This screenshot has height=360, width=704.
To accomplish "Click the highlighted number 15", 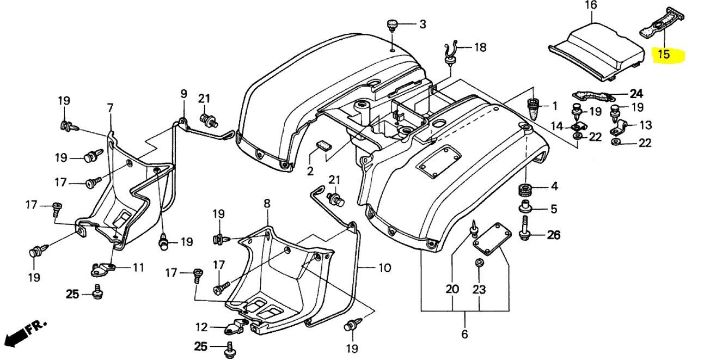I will pyautogui.click(x=664, y=54).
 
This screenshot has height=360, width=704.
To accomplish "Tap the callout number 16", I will pyautogui.click(x=591, y=5).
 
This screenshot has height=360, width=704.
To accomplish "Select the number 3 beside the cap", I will pyautogui.click(x=423, y=24).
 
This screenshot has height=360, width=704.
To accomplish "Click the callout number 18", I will pyautogui.click(x=480, y=47).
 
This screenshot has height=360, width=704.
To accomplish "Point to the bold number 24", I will pyautogui.click(x=636, y=93).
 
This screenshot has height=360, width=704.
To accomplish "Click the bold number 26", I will pyautogui.click(x=553, y=235).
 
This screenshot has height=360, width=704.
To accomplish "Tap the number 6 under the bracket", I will pyautogui.click(x=464, y=334).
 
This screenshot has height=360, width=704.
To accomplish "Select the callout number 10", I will pyautogui.click(x=384, y=268).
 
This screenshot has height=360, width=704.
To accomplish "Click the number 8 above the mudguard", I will pyautogui.click(x=267, y=203).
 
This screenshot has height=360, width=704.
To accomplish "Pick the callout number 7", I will pyautogui.click(x=110, y=108).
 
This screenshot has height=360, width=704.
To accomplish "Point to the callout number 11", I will pyautogui.click(x=139, y=267).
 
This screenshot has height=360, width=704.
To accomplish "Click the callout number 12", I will pyautogui.click(x=201, y=327).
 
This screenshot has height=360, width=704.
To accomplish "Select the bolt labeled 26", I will pyautogui.click(x=526, y=227).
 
